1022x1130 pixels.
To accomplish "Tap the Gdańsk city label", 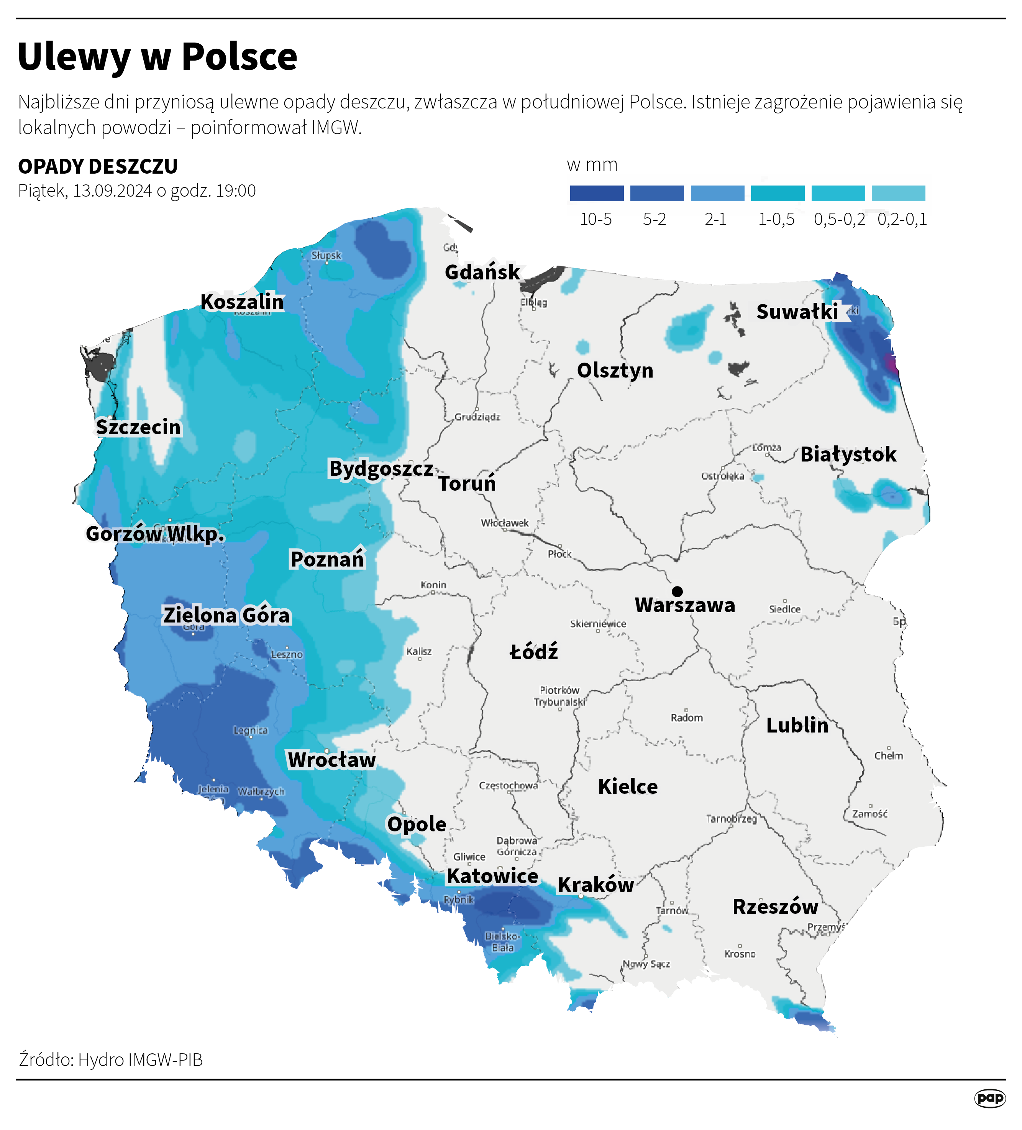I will point(482,273).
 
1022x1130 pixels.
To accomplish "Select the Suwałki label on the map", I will point(797,312).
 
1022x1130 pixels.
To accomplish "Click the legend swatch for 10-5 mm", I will point(596,193).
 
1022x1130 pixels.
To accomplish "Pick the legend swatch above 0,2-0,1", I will point(898,193).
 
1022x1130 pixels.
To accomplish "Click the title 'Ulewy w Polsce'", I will point(157,57).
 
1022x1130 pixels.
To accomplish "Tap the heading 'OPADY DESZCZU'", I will point(98,166).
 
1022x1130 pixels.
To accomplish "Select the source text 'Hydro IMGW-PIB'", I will point(140,1060).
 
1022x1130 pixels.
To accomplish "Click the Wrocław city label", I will point(331,759).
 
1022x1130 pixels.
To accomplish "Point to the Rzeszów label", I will point(775,907).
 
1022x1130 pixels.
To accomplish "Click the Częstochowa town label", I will point(508,785).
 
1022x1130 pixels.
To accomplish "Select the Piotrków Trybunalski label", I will point(559,696).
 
